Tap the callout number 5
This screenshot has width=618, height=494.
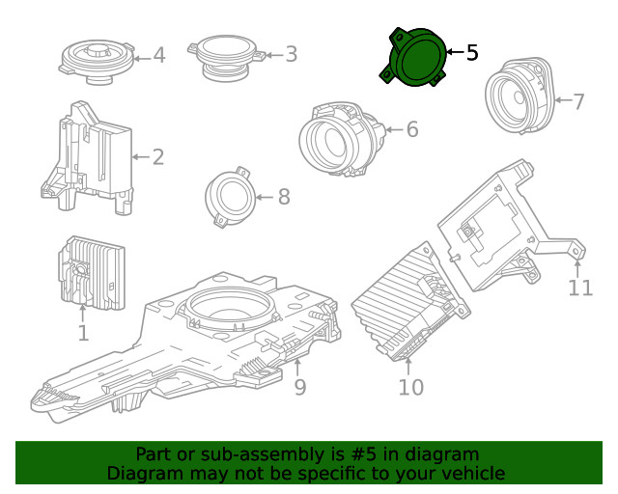471,53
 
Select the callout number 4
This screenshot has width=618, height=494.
159,56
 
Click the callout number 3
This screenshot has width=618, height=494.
291,55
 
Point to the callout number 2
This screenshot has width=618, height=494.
157,156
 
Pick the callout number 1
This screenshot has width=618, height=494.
83,334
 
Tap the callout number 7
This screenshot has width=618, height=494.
578,101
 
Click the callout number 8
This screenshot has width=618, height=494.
283,197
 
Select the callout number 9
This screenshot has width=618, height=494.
299,387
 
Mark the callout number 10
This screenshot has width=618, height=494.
410,387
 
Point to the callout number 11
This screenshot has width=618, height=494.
580,288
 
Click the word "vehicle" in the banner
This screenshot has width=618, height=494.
473,473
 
